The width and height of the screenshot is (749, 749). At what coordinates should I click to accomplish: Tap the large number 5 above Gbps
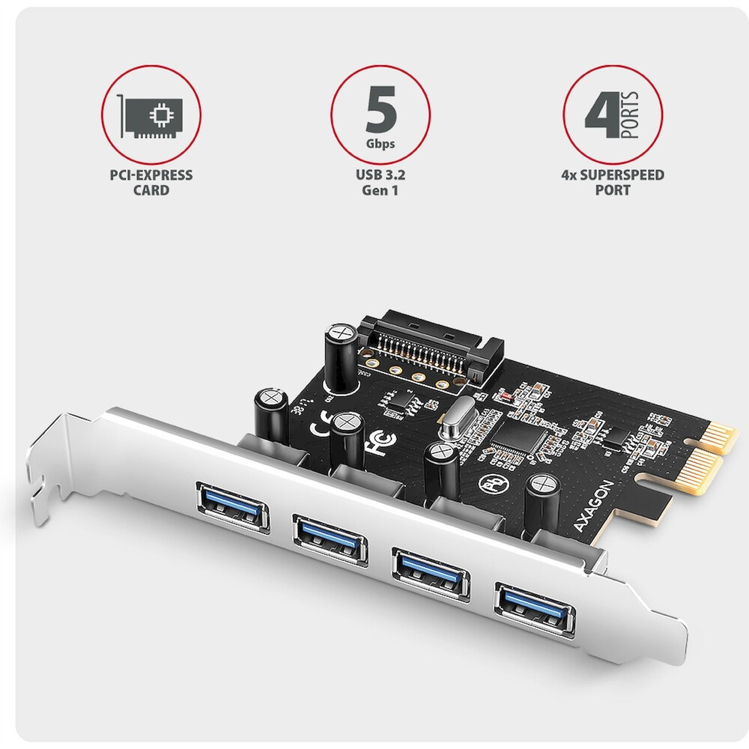click(381, 109)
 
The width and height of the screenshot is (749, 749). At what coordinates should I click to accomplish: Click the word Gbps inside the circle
click(380, 143)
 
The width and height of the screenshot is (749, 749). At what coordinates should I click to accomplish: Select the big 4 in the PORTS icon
click(602, 115)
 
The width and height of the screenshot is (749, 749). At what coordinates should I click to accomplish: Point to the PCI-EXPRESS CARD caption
click(151, 183)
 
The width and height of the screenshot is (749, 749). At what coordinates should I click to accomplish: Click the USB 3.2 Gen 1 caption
click(380, 183)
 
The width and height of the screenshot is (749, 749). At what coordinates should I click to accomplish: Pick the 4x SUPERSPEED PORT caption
click(613, 183)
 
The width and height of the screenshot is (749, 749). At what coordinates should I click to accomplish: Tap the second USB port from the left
click(330, 540)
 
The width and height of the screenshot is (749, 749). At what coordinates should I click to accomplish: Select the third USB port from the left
click(431, 574)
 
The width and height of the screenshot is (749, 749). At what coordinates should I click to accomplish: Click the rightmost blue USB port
click(535, 608)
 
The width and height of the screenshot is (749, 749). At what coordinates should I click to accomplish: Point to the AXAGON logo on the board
click(593, 506)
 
